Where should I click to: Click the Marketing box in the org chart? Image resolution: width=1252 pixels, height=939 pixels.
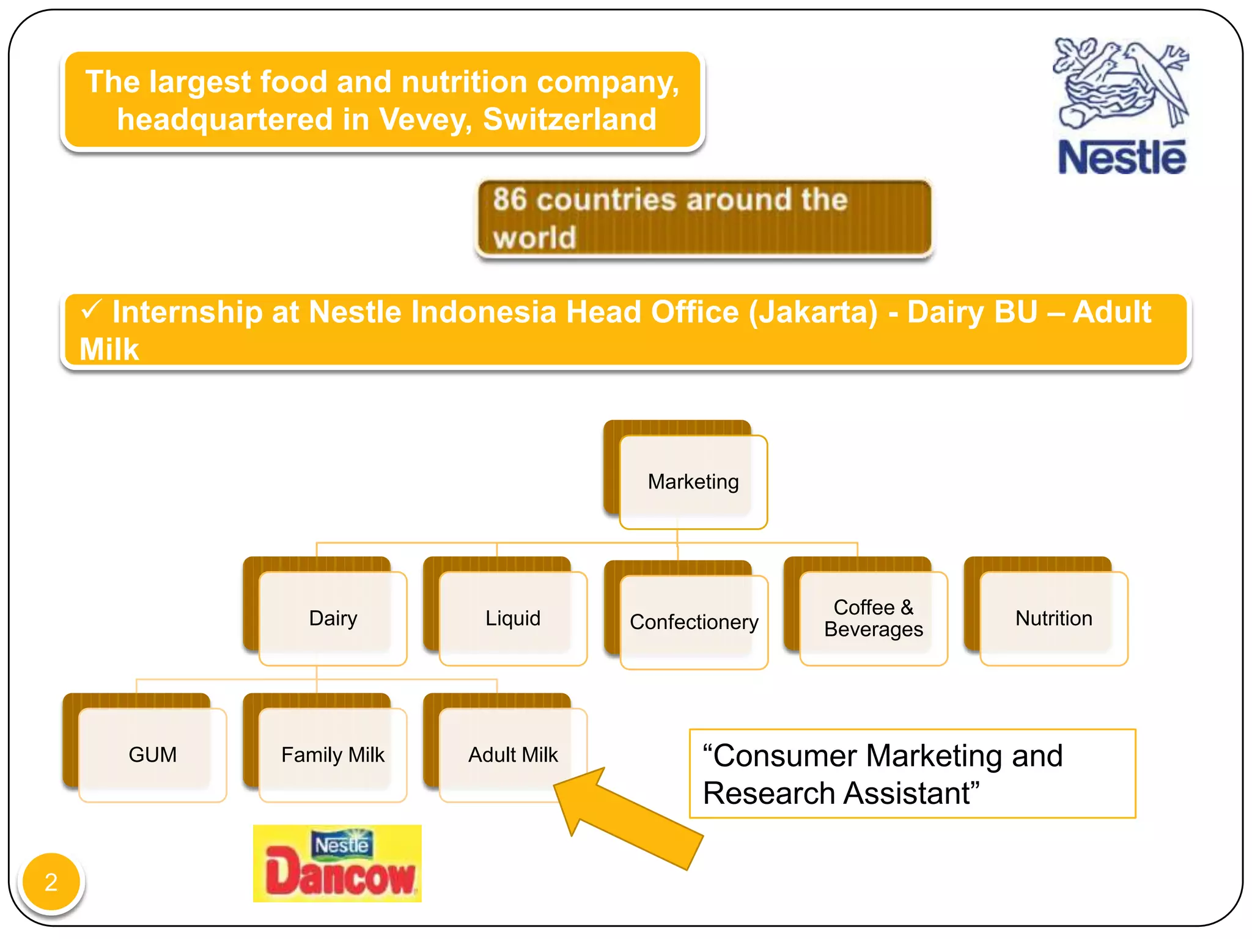tap(693, 482)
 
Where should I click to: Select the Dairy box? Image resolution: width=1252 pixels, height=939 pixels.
tap(333, 618)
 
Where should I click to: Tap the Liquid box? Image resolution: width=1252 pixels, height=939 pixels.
tap(513, 618)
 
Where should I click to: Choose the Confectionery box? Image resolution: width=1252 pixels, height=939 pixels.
tap(694, 622)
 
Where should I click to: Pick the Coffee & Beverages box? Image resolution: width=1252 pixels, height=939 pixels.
tap(873, 618)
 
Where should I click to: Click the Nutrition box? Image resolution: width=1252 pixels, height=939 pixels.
tap(1053, 618)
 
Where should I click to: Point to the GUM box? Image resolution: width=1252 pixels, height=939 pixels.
tap(152, 754)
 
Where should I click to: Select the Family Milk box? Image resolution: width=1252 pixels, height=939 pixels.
tap(333, 754)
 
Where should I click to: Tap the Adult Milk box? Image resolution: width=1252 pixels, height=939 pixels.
tap(513, 754)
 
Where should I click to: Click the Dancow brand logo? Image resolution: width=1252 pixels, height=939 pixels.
tap(337, 863)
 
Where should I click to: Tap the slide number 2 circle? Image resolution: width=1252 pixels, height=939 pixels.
tap(51, 882)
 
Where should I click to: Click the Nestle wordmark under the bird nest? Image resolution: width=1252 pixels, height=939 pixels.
tap(1122, 158)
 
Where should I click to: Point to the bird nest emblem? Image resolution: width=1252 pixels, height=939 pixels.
tap(1120, 83)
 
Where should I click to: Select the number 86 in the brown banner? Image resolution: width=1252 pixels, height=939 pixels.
tap(509, 199)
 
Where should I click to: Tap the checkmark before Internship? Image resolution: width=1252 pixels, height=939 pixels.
tap(91, 310)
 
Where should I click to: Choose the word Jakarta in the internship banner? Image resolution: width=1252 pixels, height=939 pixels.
tap(813, 312)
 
